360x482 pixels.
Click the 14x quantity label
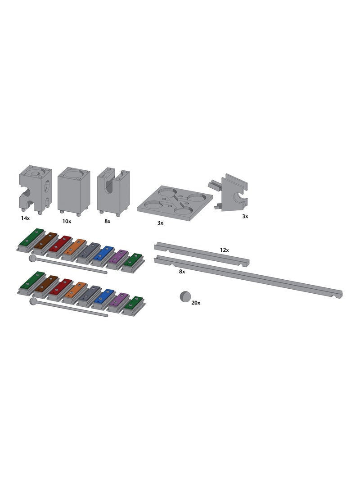pos(25,218)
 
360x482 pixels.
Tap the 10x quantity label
pos(67,221)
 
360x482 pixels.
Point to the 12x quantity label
pos(224,250)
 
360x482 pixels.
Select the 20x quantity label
pos(196,303)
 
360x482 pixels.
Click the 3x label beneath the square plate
pos(160,223)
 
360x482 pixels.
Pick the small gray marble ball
pos(185,297)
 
